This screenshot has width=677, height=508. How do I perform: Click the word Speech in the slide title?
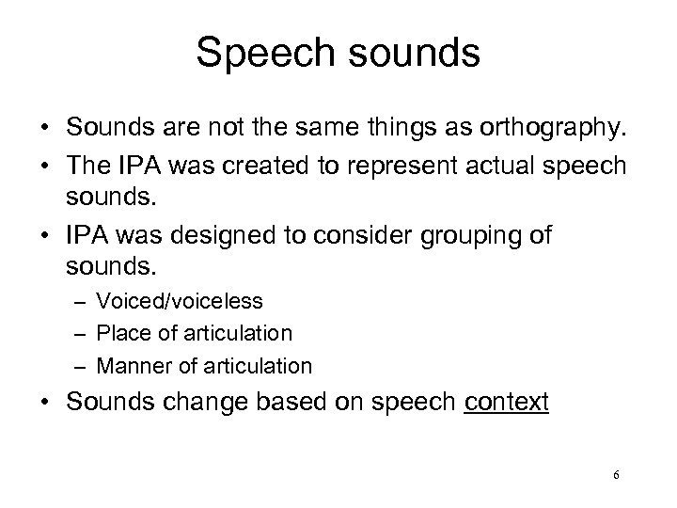pos(258,54)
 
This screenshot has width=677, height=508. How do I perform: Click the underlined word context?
pos(506,403)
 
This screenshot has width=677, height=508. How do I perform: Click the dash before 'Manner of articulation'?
pos(84,365)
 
